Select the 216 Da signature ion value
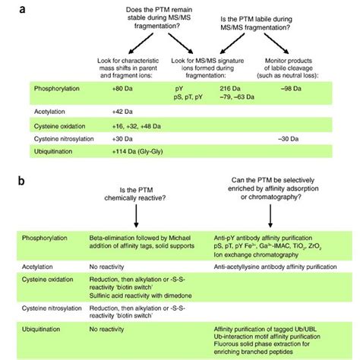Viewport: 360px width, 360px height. tap(227, 89)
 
